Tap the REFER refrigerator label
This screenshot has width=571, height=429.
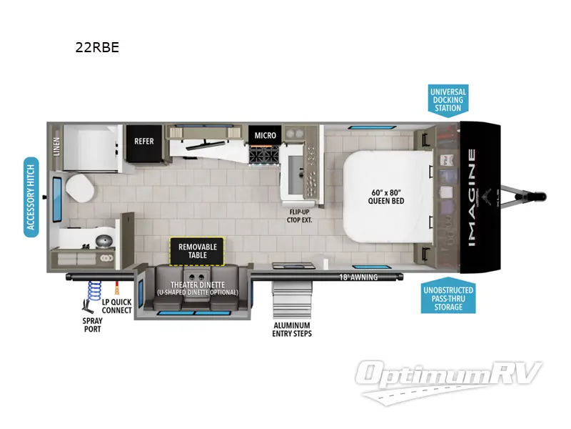tap(144, 141)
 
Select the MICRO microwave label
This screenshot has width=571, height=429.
tap(265, 135)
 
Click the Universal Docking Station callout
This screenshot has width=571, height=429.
tap(448, 100)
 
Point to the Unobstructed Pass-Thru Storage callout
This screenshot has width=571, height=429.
tap(448, 298)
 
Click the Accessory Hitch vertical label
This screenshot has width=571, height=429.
tap(31, 197)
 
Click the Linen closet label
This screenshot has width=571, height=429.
tap(56, 147)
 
